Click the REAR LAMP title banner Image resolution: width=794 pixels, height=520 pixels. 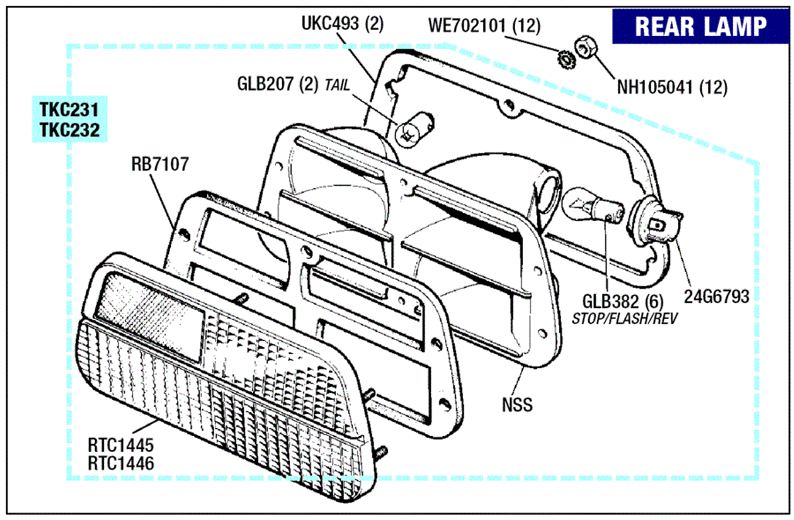pos(700,27)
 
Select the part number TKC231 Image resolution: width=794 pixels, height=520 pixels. pos(69,109)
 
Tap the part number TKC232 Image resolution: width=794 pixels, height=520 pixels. pos(70,130)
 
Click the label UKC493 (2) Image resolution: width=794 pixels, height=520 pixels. pos(342,23)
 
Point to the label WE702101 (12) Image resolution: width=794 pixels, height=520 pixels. pos(484,26)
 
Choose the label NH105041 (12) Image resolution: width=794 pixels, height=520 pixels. pos(672,87)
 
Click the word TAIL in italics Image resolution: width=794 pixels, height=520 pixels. pos(337,85)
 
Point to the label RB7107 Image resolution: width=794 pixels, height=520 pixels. pos(160,164)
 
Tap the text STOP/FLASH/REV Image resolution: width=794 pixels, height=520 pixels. pos(624,319)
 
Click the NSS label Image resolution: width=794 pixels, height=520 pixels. pos(517,405)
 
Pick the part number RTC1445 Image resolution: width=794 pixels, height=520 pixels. pos(121,445)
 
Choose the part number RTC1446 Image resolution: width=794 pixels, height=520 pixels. pos(121,463)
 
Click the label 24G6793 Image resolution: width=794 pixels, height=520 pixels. pos(716,296)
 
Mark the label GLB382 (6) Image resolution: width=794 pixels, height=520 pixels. pos(622,302)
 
